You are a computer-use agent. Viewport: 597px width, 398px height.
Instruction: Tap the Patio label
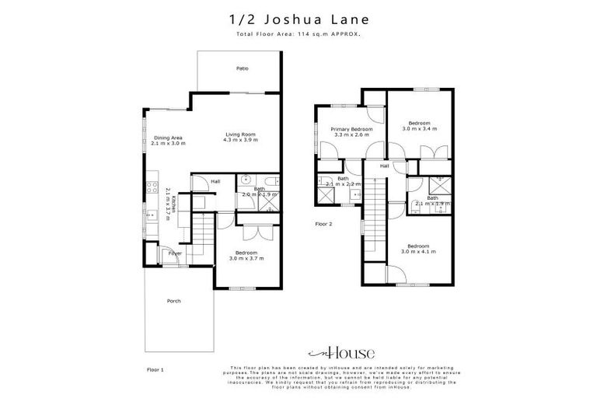coord(243,69)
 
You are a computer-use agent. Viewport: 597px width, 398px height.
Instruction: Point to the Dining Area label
coord(169,141)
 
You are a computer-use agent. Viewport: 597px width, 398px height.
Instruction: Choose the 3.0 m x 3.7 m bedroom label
coord(246,254)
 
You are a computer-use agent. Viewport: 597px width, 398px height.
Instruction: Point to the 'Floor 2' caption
coord(324,223)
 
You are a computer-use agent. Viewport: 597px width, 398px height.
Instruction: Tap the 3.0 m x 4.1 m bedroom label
coord(418,248)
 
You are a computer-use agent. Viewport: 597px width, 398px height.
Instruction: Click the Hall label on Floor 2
coord(384,166)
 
